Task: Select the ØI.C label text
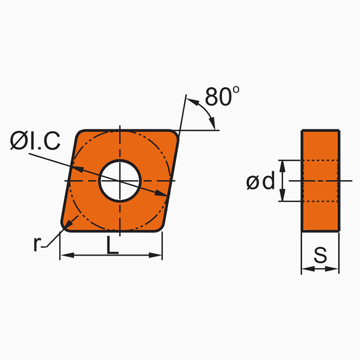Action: click(35, 141)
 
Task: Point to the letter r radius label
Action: click(37, 244)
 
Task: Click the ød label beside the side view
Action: click(260, 181)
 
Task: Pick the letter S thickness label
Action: click(320, 256)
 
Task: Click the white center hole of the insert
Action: click(120, 181)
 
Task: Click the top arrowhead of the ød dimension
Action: click(282, 164)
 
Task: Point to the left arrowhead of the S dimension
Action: click(305, 268)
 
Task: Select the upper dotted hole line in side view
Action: click(320, 161)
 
